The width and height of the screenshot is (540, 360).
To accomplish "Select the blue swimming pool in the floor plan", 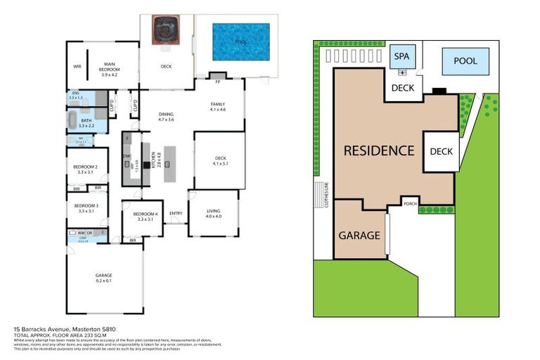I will (241, 41).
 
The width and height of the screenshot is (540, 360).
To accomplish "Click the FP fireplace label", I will (219, 82).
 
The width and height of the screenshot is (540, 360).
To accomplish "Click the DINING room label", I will (166, 117).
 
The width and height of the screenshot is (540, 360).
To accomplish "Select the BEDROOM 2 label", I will (86, 169).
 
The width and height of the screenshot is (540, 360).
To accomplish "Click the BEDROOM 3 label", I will (86, 207).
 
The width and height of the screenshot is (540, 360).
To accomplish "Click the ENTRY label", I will (176, 214).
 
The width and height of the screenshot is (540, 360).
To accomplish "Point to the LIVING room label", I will (214, 213).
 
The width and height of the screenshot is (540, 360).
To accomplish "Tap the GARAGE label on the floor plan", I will (104, 277).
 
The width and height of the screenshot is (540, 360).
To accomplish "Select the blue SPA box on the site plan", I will (401, 57).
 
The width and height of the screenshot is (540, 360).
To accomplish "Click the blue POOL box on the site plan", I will (465, 61).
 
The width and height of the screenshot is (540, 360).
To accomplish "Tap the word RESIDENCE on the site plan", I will (378, 150).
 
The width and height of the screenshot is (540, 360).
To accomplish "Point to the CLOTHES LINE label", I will (326, 195).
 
